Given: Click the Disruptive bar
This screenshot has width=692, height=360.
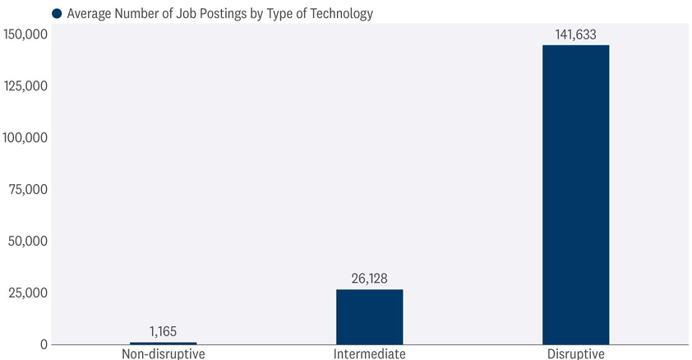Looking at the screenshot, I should [575, 194].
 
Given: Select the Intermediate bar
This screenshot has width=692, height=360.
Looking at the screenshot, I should [369, 316].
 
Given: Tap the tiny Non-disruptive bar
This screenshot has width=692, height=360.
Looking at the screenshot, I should [163, 343].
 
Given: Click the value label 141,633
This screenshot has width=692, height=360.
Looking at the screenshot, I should [575, 35].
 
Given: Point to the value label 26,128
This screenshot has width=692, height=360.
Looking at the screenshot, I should [369, 279].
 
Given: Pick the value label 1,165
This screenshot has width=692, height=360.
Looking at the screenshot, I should [163, 332].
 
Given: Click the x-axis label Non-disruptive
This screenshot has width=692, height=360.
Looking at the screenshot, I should [163, 354].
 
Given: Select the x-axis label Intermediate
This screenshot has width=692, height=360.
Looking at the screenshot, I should [369, 354].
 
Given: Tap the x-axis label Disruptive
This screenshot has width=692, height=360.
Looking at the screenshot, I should [575, 354].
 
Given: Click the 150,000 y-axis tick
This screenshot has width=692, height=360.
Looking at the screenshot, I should [25, 35].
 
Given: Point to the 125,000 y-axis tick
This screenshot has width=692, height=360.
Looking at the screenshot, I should [25, 86].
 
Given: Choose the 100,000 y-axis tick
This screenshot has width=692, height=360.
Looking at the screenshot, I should [25, 138].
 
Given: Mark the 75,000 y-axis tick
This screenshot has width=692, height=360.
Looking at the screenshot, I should [29, 190].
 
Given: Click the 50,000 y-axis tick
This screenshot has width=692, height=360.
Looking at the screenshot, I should [29, 242].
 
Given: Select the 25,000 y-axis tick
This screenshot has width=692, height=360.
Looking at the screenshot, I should [29, 293].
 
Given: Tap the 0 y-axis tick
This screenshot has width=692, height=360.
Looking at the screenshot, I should [44, 344].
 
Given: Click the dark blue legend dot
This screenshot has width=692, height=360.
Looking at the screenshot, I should [57, 13].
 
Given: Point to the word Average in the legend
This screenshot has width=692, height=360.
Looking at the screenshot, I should [90, 13].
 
